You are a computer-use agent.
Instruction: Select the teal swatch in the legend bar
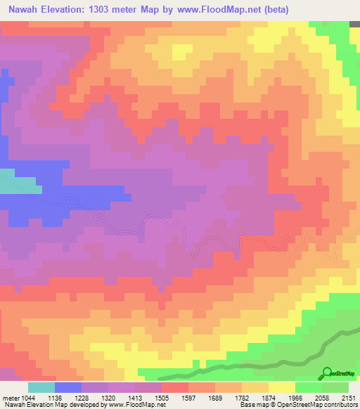click(x=41, y=387)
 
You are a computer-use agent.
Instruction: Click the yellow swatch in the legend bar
click(x=282, y=387)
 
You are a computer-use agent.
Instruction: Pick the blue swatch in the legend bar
click(x=68, y=387)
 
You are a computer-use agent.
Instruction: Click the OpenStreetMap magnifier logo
click(x=328, y=373)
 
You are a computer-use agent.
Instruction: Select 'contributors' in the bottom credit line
click(x=340, y=405)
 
